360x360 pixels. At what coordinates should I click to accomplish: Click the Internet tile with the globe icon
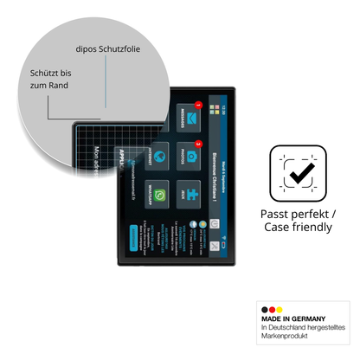pos(156,154)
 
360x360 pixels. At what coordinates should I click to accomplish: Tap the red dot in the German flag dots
pos(271,309)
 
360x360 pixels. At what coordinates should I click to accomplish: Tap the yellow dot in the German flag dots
pos(279,309)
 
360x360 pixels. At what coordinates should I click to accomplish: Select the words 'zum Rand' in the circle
pos(48,87)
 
